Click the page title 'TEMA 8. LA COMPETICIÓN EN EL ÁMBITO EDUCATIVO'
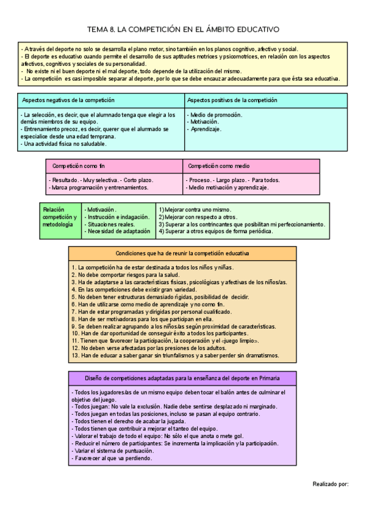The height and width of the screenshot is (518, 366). coord(183,29)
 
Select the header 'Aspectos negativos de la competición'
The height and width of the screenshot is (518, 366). coord(66,100)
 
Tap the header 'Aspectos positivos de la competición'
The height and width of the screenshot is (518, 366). coord(232,100)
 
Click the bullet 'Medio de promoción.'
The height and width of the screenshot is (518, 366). coord(216,115)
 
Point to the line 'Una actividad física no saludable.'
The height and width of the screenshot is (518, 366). coord(63,144)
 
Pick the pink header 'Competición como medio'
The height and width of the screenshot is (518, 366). coord(218,166)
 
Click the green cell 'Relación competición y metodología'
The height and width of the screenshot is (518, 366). coord(60,217)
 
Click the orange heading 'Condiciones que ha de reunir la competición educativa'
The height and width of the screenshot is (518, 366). coord(182,253)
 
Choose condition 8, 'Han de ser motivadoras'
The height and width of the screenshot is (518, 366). coord(142,319)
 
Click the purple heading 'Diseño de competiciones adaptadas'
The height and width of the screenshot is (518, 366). coord(182,378)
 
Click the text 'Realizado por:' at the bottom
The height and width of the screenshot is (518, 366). coord(330,484)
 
